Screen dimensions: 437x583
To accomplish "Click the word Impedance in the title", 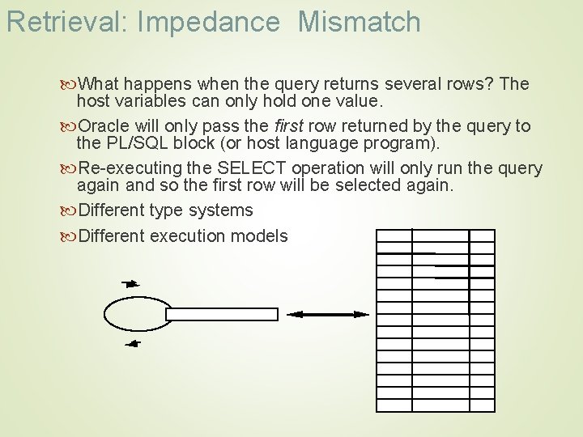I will pyautogui.click(x=208, y=22).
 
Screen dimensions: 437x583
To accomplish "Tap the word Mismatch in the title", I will pyautogui.click(x=360, y=22).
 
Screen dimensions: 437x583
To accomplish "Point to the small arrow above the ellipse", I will pyautogui.click(x=130, y=284).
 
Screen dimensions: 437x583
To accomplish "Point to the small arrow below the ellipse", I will pyautogui.click(x=132, y=344).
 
